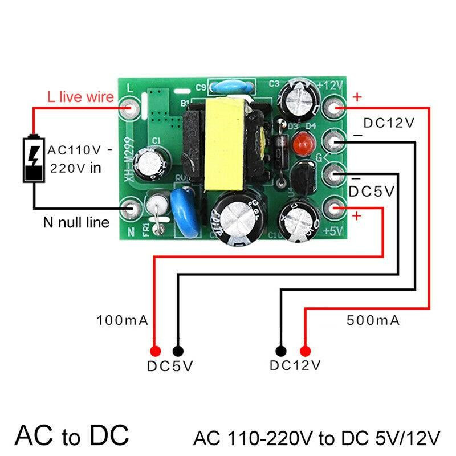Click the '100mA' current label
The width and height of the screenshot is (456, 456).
[x=122, y=320]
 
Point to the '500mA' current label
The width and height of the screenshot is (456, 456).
[x=373, y=320]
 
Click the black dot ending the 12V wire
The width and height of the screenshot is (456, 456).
[x=280, y=351]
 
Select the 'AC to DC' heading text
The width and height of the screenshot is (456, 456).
[x=72, y=435]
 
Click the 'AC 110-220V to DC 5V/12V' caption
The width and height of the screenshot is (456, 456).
[x=317, y=438]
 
